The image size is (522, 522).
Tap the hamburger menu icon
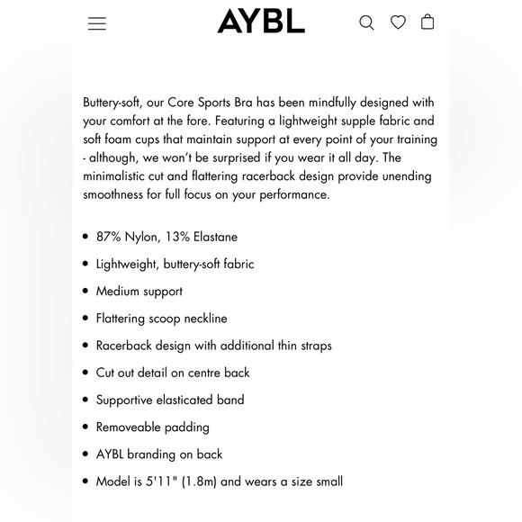[x=97, y=23]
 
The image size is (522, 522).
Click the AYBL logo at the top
[x=261, y=22]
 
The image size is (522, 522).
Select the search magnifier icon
[x=366, y=22]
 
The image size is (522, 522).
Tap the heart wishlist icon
[x=398, y=22]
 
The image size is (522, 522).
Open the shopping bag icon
[x=427, y=22]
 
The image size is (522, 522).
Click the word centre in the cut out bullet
[x=202, y=373]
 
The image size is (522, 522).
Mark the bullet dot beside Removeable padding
[x=85, y=427]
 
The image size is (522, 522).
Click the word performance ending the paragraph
[x=292, y=194]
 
